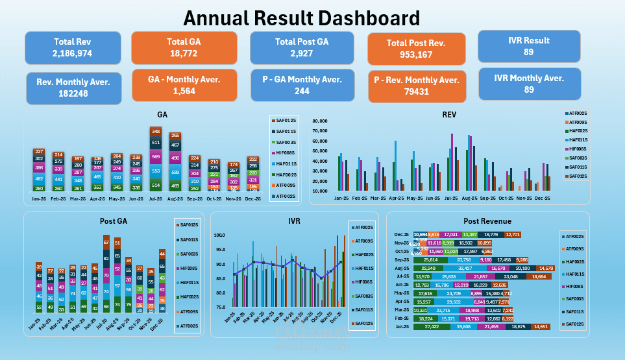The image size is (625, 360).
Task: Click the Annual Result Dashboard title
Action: click(300, 18)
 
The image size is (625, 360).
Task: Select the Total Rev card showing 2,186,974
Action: click(72, 47)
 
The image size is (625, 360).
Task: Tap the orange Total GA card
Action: click(184, 47)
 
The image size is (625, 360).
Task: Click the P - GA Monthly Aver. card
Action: click(302, 85)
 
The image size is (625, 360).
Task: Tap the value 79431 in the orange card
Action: click(416, 92)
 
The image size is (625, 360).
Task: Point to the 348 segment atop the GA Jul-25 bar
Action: click(156, 132)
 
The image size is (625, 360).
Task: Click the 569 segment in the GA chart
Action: click(156, 156)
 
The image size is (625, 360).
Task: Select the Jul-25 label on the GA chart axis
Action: click(156, 198)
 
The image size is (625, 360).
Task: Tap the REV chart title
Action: click(448, 115)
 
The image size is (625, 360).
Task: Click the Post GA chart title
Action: click(114, 221)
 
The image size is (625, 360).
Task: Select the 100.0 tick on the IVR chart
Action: click(219, 235)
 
